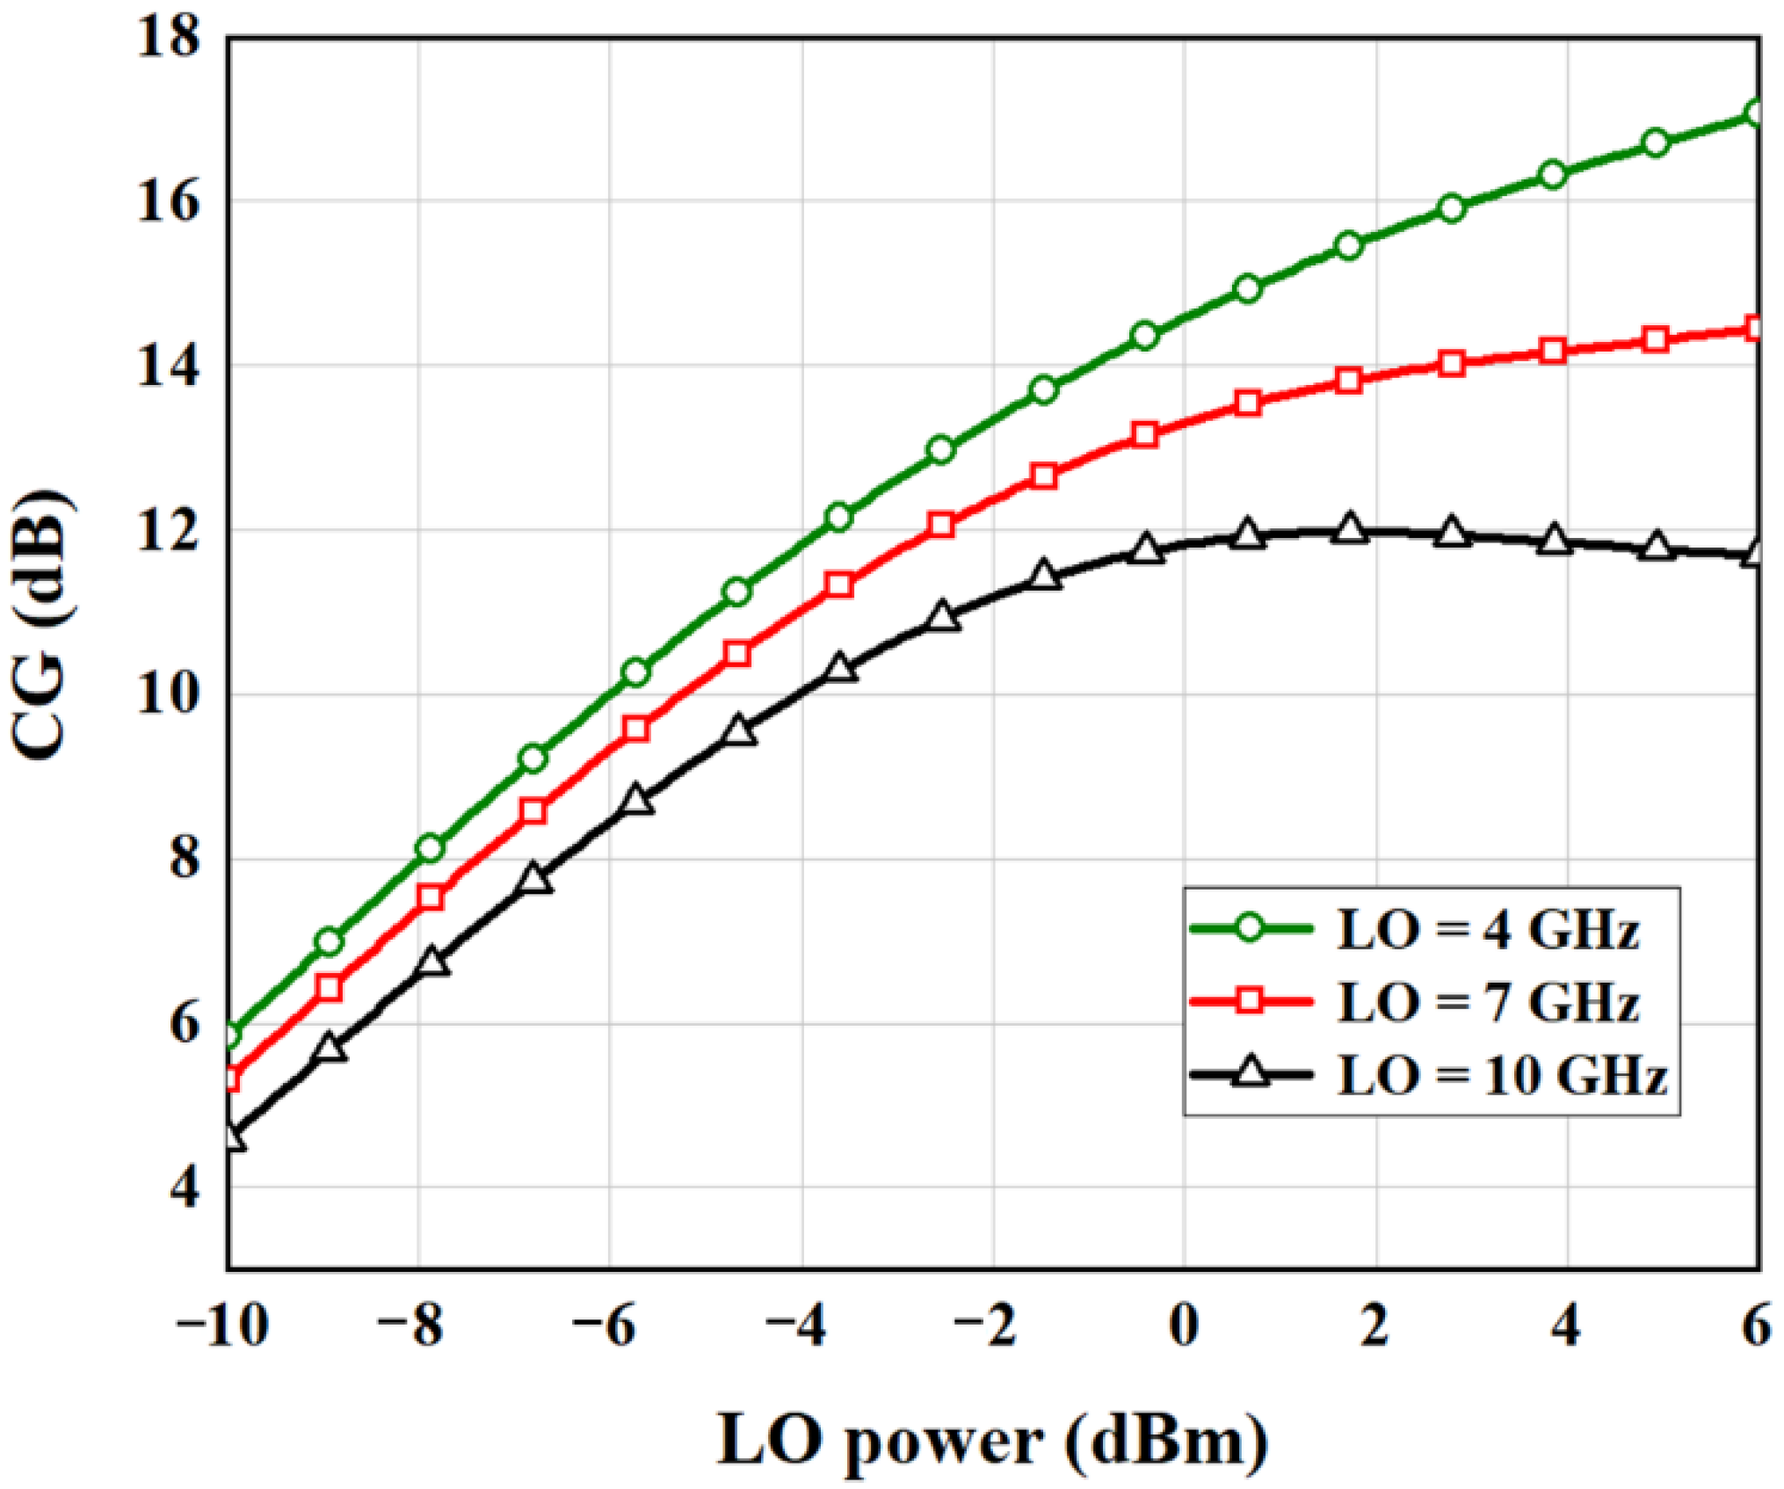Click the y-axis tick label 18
click(x=168, y=39)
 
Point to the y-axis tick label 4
click(x=184, y=1189)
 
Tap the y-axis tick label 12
click(x=168, y=532)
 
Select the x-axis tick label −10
click(x=221, y=1326)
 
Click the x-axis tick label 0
click(x=1184, y=1326)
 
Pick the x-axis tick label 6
click(x=1755, y=1326)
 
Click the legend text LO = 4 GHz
click(x=1487, y=929)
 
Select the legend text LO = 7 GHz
click(x=1487, y=1002)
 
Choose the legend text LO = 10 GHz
click(x=1501, y=1075)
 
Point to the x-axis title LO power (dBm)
click(x=993, y=1440)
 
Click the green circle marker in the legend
click(x=1249, y=928)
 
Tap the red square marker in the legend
click(x=1249, y=1001)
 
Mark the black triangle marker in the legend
click(x=1249, y=1073)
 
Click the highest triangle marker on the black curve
click(x=1349, y=529)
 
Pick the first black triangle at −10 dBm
click(x=231, y=1137)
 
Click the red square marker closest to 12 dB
click(x=941, y=526)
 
